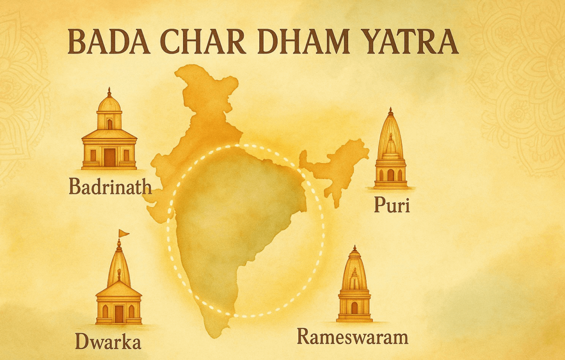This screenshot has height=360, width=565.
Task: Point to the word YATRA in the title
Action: [408, 42]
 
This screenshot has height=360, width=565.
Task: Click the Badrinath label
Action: [110, 187]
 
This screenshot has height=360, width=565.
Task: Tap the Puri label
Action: [392, 206]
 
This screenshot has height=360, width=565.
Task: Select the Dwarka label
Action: [108, 342]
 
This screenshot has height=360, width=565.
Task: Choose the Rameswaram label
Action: [352, 336]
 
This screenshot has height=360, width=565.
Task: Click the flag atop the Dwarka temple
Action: [124, 233]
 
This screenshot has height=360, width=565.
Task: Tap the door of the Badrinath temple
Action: [110, 156]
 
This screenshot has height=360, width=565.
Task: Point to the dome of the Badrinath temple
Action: [109, 103]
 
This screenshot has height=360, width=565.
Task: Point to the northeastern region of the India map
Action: [338, 162]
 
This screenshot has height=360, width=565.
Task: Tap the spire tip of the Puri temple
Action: [391, 110]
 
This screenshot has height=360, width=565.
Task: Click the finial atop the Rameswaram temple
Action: [354, 248]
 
